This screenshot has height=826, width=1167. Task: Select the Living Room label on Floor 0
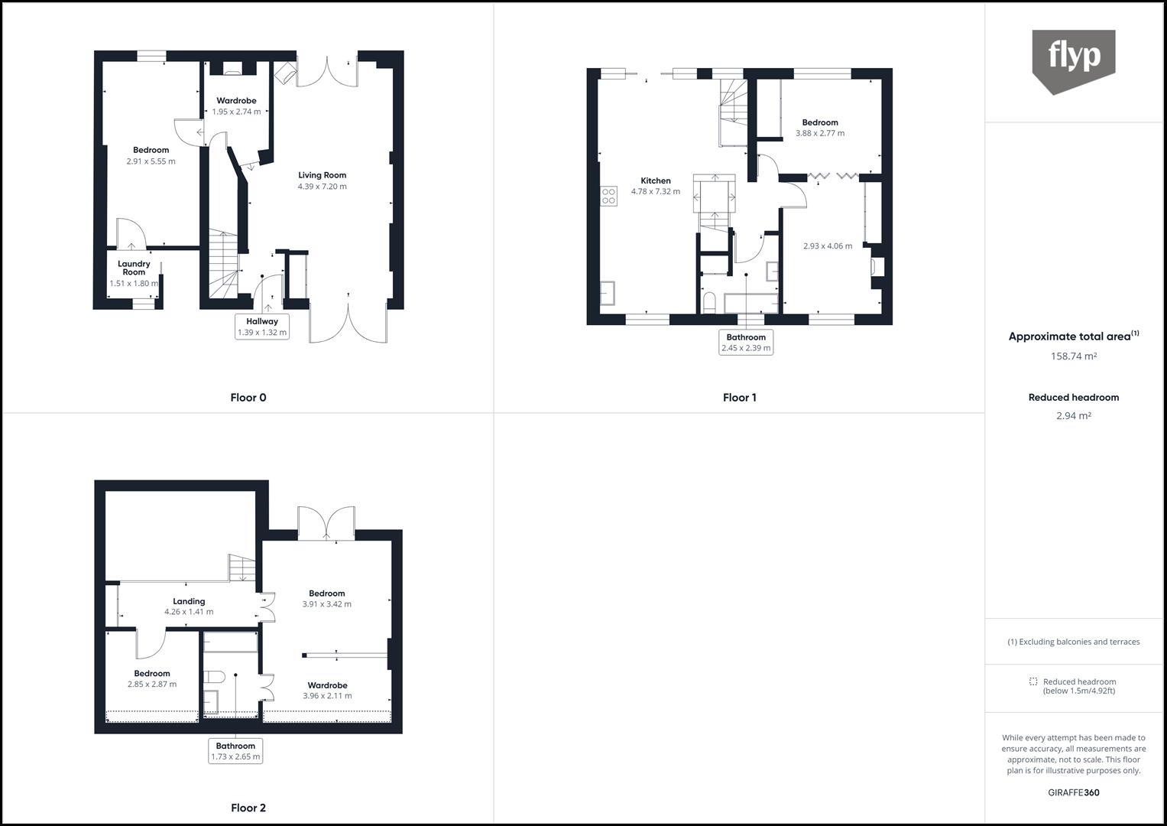(x=322, y=175)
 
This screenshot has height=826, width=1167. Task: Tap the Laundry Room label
(x=134, y=268)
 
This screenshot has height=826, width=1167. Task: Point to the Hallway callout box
(x=262, y=327)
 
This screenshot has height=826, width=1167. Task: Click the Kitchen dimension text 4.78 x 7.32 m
(x=655, y=192)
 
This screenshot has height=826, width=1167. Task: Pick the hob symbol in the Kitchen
(x=608, y=197)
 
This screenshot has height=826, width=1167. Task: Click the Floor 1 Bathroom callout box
(x=746, y=342)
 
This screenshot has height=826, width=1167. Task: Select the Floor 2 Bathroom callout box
(x=235, y=751)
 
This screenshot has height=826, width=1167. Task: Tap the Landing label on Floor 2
(x=189, y=601)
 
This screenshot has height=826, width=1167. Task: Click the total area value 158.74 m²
(x=1073, y=356)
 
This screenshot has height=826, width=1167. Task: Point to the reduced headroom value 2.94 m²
(x=1073, y=416)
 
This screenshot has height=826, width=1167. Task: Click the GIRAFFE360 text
(x=1073, y=792)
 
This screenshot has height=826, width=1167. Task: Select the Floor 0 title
(x=248, y=398)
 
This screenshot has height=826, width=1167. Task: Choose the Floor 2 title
(x=248, y=808)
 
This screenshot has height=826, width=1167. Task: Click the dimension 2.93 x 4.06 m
(x=828, y=246)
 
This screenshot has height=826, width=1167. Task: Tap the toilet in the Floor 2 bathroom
(x=213, y=677)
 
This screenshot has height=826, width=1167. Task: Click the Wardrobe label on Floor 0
(x=236, y=101)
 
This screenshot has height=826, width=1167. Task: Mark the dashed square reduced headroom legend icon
(x=1033, y=681)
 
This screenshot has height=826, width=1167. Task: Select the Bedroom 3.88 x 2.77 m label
(x=820, y=122)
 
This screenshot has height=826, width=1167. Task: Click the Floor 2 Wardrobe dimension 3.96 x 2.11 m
(x=327, y=696)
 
